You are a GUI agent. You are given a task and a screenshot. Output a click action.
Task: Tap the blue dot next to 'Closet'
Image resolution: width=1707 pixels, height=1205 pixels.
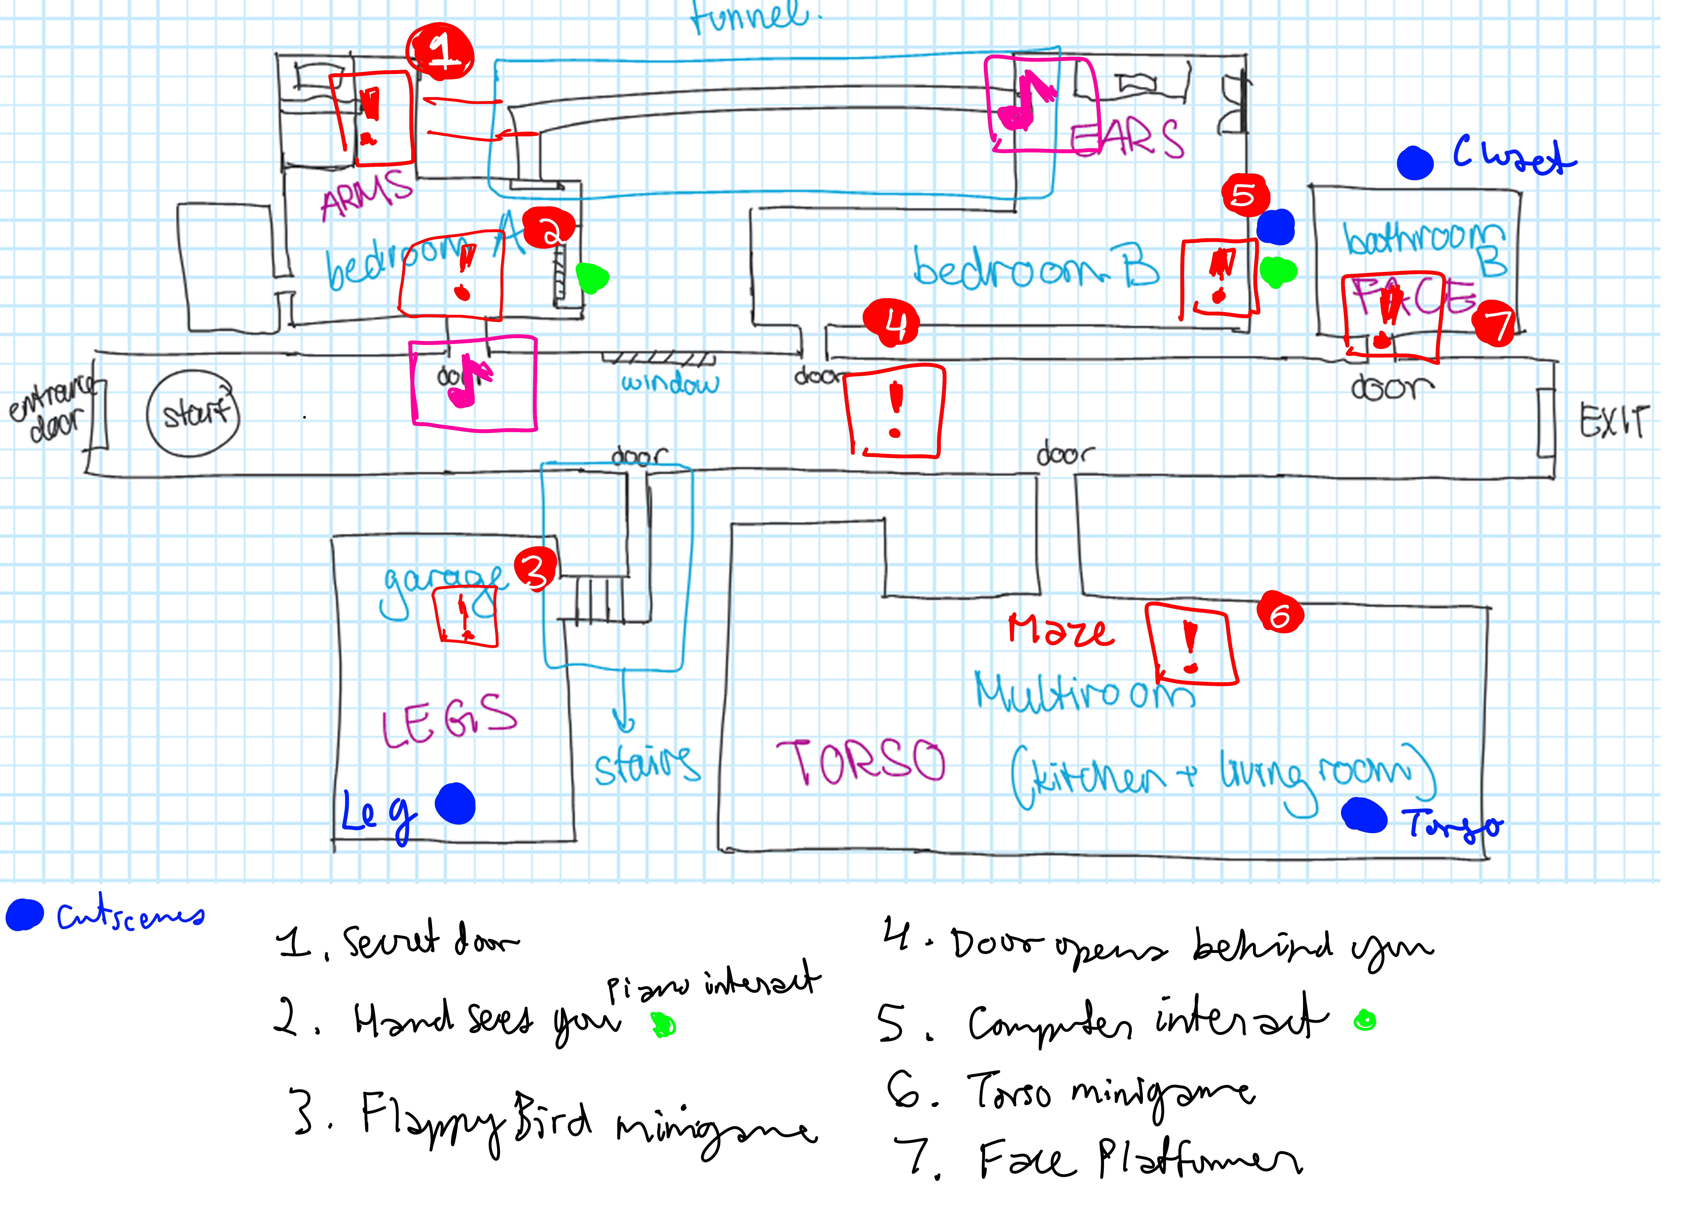point(1415,163)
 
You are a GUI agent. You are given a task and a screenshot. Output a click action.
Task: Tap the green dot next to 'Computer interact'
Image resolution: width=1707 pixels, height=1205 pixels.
point(1365,1021)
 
